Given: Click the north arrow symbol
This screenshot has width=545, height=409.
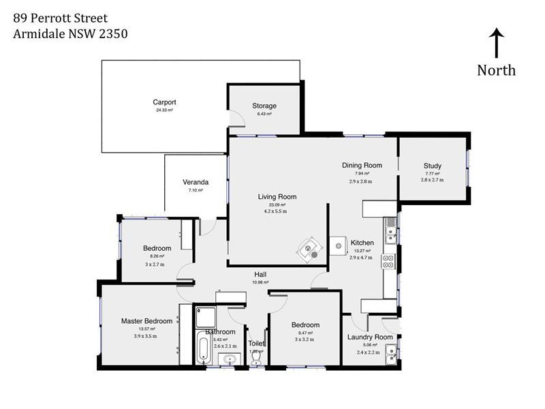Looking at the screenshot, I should pyautogui.click(x=497, y=44).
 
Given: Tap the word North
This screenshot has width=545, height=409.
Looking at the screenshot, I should pyautogui.click(x=496, y=70).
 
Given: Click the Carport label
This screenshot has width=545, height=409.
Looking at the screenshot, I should pyautogui.click(x=165, y=102).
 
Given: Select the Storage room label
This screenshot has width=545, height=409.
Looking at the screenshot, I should pyautogui.click(x=264, y=106).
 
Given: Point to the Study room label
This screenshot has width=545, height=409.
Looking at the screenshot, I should pyautogui.click(x=432, y=166).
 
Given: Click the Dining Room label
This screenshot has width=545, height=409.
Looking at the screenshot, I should pyautogui.click(x=362, y=165).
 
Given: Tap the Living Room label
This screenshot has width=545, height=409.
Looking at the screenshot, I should pyautogui.click(x=277, y=197).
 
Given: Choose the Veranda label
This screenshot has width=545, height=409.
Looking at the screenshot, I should pyautogui.click(x=196, y=182).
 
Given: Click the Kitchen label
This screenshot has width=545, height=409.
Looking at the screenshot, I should pyautogui.click(x=362, y=243).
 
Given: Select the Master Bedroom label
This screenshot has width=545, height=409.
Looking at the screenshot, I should pyautogui.click(x=146, y=320).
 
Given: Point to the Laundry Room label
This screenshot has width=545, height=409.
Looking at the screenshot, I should pyautogui.click(x=370, y=337).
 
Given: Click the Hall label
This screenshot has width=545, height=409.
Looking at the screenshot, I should pyautogui.click(x=261, y=274).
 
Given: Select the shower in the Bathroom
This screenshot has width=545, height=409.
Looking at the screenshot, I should pyautogui.click(x=205, y=316).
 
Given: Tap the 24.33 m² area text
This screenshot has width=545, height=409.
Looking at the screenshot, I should pyautogui.click(x=165, y=110).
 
